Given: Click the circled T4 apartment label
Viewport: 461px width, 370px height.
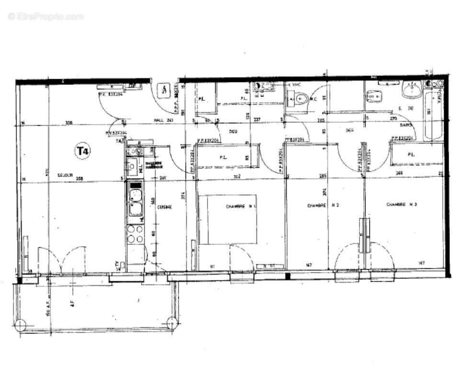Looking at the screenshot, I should pyautogui.click(x=82, y=151).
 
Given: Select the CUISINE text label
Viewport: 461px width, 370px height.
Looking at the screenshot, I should pyautogui.click(x=164, y=206).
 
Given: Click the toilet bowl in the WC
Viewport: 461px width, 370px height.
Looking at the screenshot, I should pyautogui.click(x=299, y=99).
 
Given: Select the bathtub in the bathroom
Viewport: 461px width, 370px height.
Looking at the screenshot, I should pyautogui.click(x=433, y=115).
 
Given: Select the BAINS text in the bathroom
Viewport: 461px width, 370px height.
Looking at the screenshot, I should pyautogui.click(x=407, y=125).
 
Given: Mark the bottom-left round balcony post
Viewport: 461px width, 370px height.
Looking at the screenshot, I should pyautogui.click(x=21, y=325).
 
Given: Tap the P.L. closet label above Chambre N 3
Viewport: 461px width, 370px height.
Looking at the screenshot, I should pyautogui.click(x=411, y=154).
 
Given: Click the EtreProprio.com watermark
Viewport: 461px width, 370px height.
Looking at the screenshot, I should pyautogui.click(x=46, y=16).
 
